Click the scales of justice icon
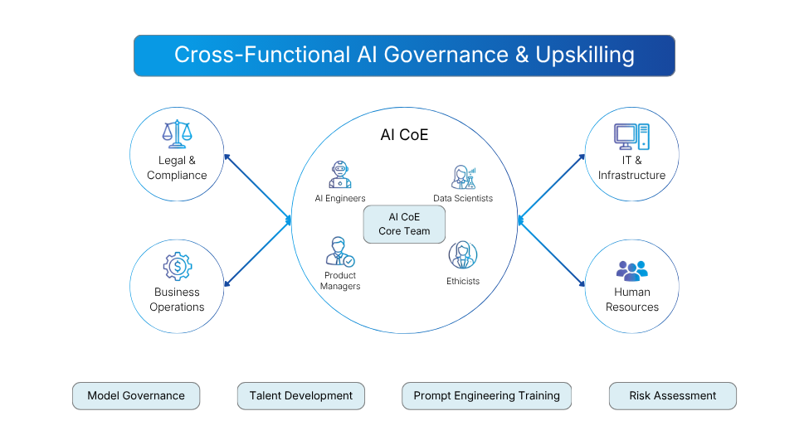tap(176, 133)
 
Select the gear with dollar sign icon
tap(177, 266)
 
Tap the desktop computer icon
tap(631, 134)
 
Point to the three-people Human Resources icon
tap(631, 269)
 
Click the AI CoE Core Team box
tap(404, 224)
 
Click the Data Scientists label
tap(462, 198)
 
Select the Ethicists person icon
tap(462, 255)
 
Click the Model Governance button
tap(136, 396)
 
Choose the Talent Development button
tap(300, 396)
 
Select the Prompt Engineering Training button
tap(486, 396)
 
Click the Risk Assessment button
tap(672, 396)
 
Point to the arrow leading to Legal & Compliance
tap(257, 187)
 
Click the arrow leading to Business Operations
tap(257, 254)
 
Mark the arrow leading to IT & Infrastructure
tap(552, 187)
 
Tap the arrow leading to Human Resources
tap(552, 254)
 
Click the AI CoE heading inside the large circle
tap(404, 135)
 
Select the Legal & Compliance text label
tap(177, 167)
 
